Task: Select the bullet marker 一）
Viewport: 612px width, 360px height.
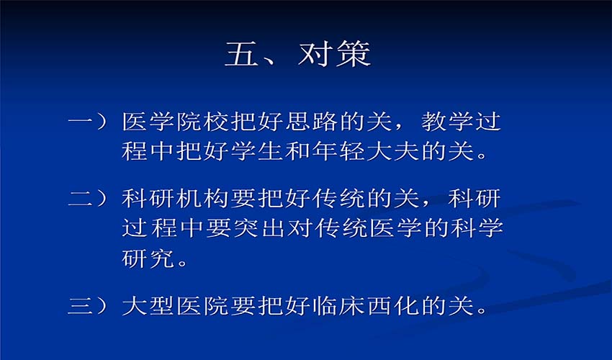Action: coord(88,122)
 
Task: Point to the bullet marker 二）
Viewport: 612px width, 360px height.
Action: coord(88,198)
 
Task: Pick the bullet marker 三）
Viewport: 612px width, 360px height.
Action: coord(88,305)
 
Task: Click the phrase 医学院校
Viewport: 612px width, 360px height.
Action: coord(175,122)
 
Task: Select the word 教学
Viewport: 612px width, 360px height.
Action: coord(447,122)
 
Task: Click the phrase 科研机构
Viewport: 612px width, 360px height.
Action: coord(175,198)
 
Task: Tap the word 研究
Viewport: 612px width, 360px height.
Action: coord(148,258)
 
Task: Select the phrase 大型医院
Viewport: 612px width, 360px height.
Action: coord(175,305)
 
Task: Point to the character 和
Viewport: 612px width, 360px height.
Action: coord(297,150)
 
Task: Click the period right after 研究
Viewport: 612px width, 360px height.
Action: coord(182,263)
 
